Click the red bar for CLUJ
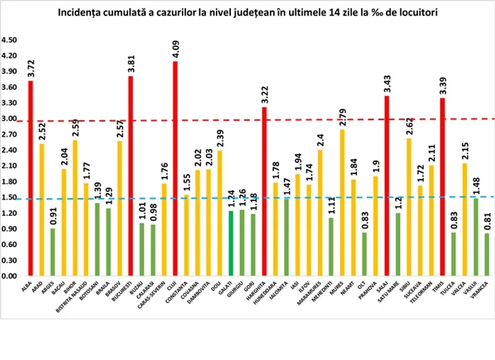tap(175, 168)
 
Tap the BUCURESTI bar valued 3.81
tap(131, 176)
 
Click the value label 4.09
tap(175, 48)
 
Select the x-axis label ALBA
tap(26, 285)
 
